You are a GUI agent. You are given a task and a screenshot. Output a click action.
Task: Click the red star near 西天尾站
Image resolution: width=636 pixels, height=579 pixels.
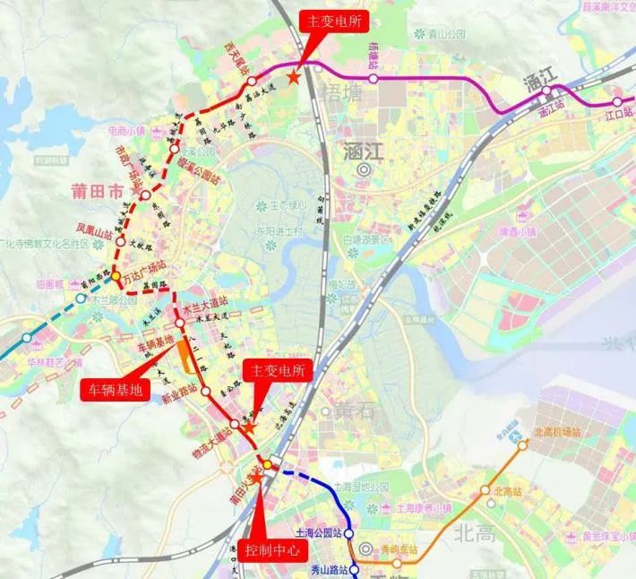click(x=295, y=79)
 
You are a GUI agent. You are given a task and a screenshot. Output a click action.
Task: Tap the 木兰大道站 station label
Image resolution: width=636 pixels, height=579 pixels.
click(x=201, y=306)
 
